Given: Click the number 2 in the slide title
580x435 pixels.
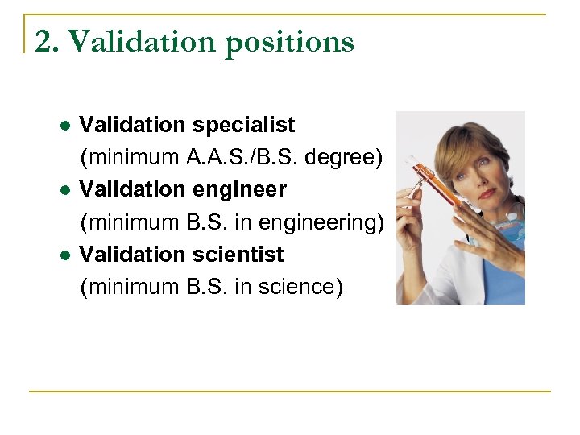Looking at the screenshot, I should coord(45,42).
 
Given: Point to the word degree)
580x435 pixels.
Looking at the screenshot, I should coord(346,158).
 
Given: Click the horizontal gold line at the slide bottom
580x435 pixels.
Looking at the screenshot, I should coord(290,391).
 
